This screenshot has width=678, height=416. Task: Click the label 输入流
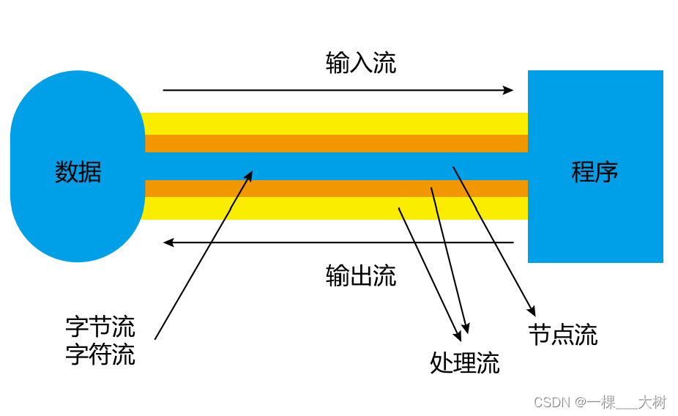tap(361, 64)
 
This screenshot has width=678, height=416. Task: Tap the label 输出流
tap(361, 276)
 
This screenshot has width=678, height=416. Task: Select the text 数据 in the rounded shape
tap(78, 172)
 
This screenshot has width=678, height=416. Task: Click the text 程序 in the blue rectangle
tap(595, 172)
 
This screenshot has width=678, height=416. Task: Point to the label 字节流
tap(100, 327)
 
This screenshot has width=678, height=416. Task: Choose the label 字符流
tap(100, 354)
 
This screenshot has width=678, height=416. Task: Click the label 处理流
tap(465, 363)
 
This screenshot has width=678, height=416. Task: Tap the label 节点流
tap(562, 335)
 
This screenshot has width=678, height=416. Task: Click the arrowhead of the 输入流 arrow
tap(509, 90)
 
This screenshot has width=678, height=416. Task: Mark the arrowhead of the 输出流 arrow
tap(168, 242)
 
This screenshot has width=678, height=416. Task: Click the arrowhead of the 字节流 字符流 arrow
tap(250, 175)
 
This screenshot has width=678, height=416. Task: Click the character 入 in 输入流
tap(361, 64)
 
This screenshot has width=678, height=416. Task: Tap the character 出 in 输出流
tap(361, 276)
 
